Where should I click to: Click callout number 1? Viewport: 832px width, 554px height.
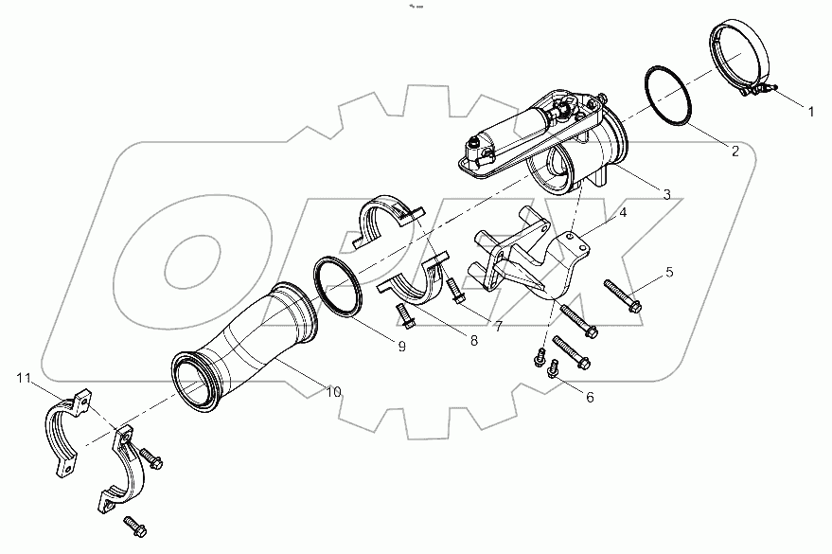point(810,111)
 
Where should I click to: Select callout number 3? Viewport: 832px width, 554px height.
point(666,195)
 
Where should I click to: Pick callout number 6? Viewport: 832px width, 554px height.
point(590,397)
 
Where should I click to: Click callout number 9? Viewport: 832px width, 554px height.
point(401,347)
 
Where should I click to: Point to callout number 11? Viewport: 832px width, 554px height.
point(24,379)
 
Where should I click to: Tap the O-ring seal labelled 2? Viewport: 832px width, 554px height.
point(671,95)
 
